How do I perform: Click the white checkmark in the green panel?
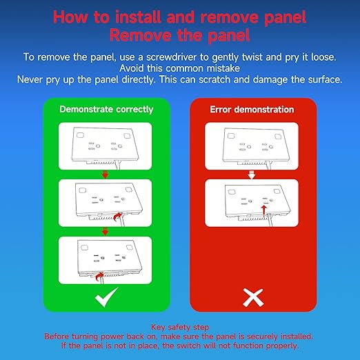point(106,298)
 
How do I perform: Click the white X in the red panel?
point(253,298)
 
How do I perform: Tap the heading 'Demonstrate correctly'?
point(106,110)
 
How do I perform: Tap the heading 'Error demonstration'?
point(252,110)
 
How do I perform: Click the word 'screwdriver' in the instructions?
point(172,57)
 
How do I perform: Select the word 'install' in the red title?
point(137,17)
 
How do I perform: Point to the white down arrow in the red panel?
point(252,174)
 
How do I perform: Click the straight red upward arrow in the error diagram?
point(264,211)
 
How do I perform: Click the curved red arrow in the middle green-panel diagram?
point(117,217)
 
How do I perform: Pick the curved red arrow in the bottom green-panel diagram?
point(99,276)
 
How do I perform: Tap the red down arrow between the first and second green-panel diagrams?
point(105,174)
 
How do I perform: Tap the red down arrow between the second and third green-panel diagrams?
point(105,232)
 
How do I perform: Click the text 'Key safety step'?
point(180,327)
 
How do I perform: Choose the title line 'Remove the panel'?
point(180,35)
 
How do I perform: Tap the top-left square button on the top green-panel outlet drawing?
point(80,135)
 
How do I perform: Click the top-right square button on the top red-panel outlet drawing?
point(278,137)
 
